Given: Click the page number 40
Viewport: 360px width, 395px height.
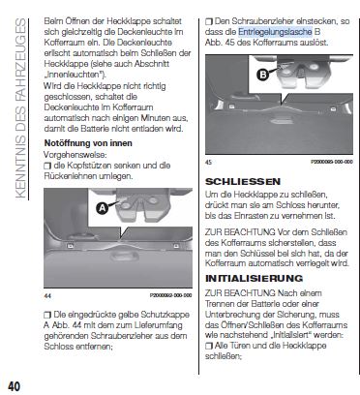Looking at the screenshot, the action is click(x=14, y=386).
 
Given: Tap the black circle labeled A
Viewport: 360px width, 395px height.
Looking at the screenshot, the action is click(x=102, y=208).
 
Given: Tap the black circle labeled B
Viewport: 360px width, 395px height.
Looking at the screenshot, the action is click(x=263, y=75).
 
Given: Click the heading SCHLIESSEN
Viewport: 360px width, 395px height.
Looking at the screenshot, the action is click(x=243, y=182).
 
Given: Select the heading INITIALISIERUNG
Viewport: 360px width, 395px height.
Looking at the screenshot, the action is click(x=254, y=278).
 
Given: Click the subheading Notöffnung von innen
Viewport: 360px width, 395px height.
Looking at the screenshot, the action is click(x=88, y=143).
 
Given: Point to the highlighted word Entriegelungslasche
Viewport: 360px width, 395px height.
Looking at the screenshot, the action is click(x=275, y=32).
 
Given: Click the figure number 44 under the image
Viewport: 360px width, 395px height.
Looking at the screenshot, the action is click(x=47, y=295).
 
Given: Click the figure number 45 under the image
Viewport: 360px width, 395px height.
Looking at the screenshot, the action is click(x=209, y=162).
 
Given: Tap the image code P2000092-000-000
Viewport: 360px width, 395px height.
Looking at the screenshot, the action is click(x=171, y=295).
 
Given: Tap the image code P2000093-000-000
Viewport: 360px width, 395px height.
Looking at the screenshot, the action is click(x=332, y=162).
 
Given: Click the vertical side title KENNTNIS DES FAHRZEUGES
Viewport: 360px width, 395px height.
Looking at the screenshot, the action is click(x=20, y=108).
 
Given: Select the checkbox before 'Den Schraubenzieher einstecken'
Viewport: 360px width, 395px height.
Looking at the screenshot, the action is click(x=209, y=21).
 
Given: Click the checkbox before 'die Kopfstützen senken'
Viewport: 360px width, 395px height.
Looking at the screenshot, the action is click(x=47, y=166).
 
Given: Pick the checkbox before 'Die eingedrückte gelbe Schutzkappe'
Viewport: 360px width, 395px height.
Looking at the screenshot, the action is click(x=47, y=315).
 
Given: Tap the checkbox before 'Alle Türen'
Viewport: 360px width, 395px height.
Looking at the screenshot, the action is click(x=209, y=346).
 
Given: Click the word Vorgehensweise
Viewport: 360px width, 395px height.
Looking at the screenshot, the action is click(x=75, y=155).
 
